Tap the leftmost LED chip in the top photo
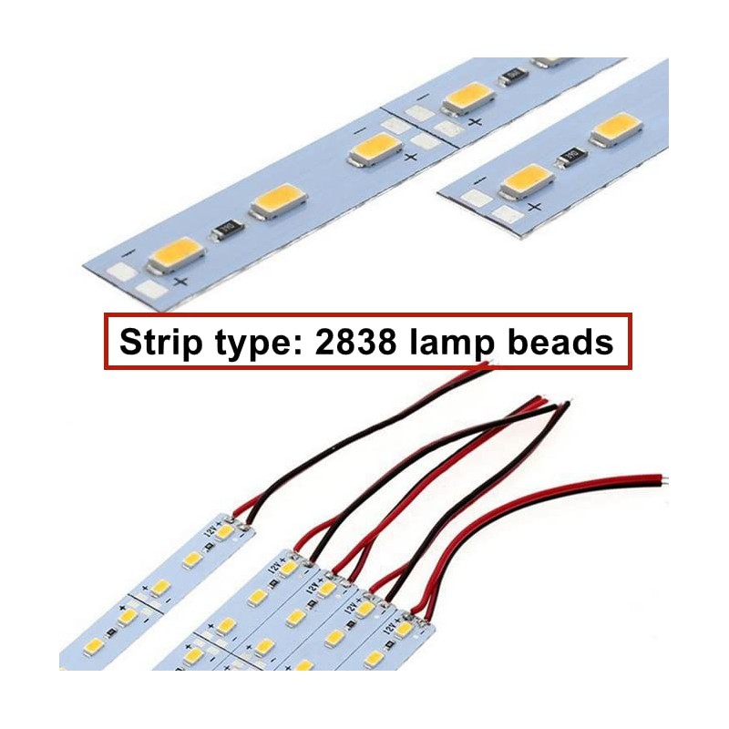pyautogui.click(x=176, y=255)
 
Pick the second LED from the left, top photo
pyautogui.click(x=277, y=201)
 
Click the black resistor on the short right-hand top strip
pyautogui.click(x=573, y=157)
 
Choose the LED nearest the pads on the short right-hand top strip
pyautogui.click(x=527, y=180)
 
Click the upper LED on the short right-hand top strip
pyautogui.click(x=616, y=130)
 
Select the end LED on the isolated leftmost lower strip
pyautogui.click(x=224, y=531)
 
